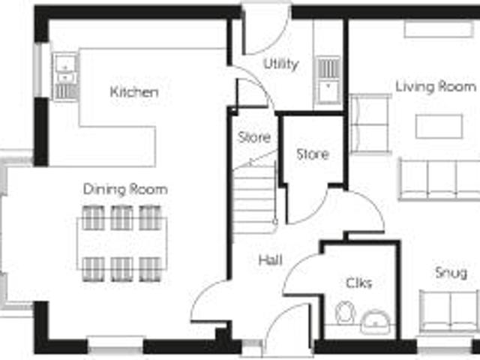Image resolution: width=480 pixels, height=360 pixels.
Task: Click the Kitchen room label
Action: [x=134, y=92]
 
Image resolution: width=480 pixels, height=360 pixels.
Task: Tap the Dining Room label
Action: [x=125, y=189]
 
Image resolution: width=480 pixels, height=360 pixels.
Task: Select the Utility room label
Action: [x=281, y=64]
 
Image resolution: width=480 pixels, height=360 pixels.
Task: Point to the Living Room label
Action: [x=436, y=86]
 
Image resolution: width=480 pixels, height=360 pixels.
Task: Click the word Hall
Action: [x=270, y=260]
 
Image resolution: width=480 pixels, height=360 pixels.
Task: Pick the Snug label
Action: [x=451, y=273]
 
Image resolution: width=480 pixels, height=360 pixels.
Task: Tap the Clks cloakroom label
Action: [x=358, y=283]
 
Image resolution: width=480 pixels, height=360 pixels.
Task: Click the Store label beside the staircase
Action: [x=254, y=137]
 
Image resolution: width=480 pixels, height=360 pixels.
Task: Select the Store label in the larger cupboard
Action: [x=313, y=154]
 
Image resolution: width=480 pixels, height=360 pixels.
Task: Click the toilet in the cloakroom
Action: [x=345, y=313]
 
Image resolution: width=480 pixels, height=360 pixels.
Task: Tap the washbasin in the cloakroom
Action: [x=375, y=322]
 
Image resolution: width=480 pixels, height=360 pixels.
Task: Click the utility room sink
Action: [x=328, y=80]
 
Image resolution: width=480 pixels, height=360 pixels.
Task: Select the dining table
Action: [x=121, y=244]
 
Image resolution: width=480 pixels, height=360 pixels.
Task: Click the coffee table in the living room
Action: [x=439, y=127]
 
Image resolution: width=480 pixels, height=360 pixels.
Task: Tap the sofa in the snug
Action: [x=448, y=310]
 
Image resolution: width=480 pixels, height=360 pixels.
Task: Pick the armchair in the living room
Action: [x=370, y=124]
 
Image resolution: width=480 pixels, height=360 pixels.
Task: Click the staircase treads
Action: [x=253, y=199]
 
